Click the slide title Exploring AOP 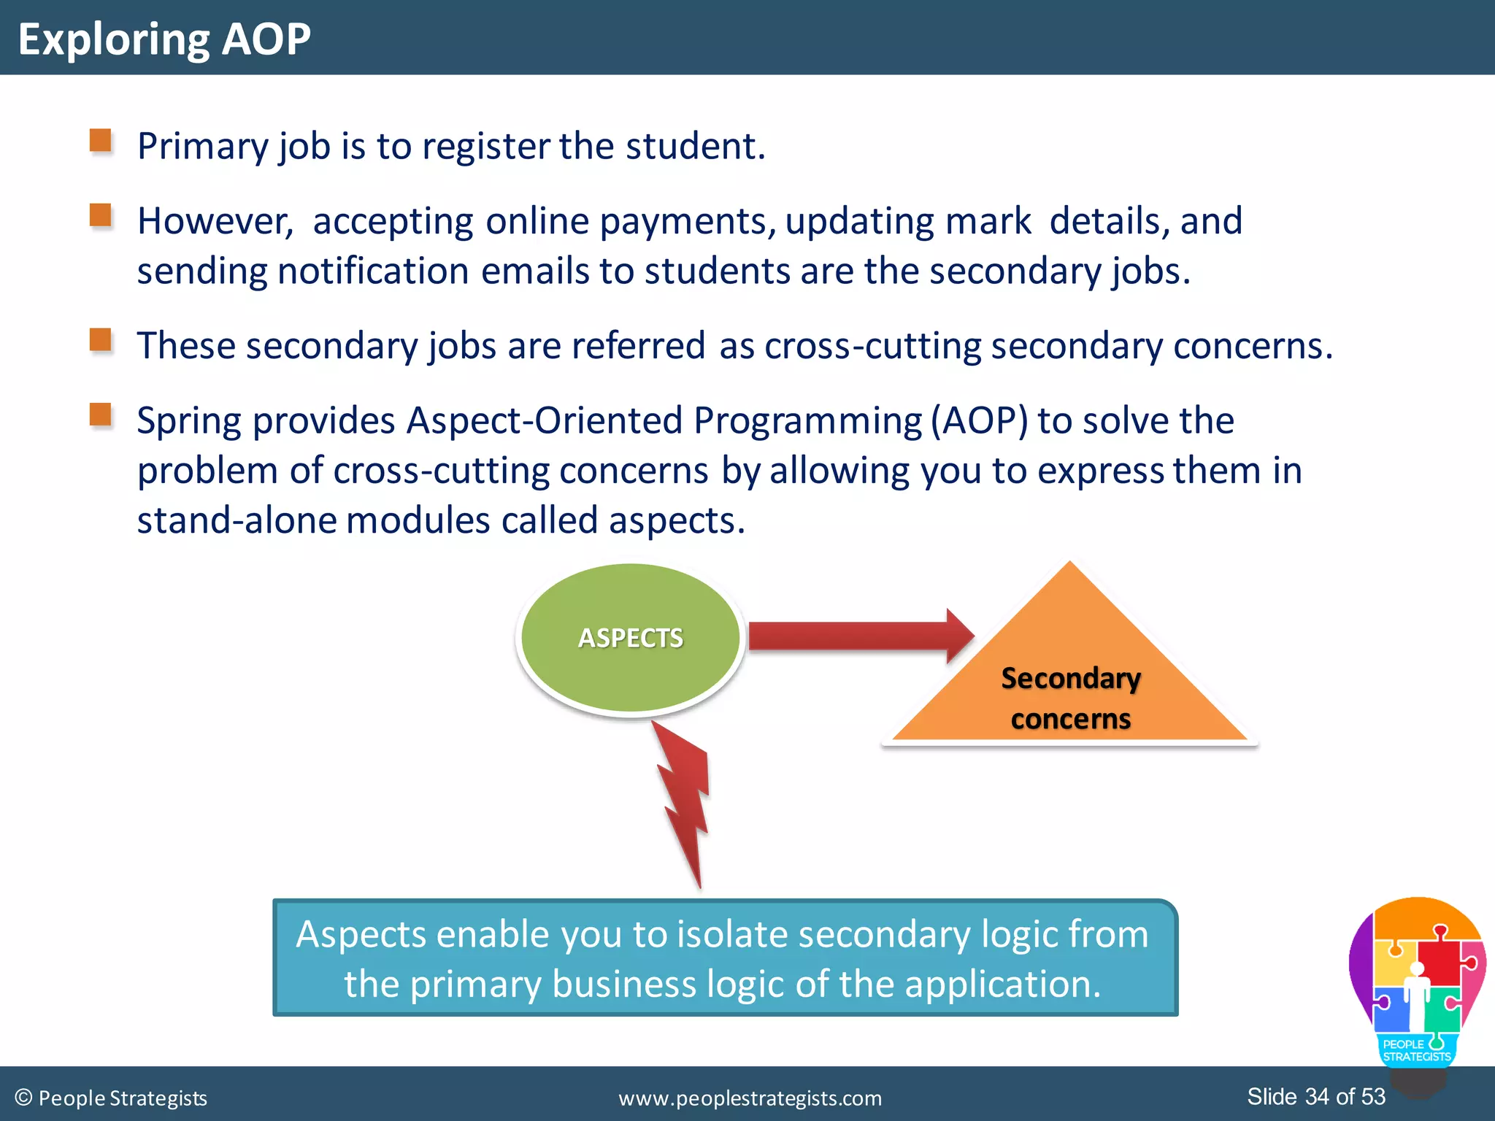click(164, 39)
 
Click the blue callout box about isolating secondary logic click(725, 958)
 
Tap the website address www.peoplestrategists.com click(750, 1098)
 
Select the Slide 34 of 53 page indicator click(1315, 1096)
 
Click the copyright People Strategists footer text click(111, 1098)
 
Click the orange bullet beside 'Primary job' click(101, 140)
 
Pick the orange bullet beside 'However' click(101, 215)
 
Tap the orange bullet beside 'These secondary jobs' click(101, 340)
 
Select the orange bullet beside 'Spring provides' click(101, 415)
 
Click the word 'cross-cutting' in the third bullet click(872, 346)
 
